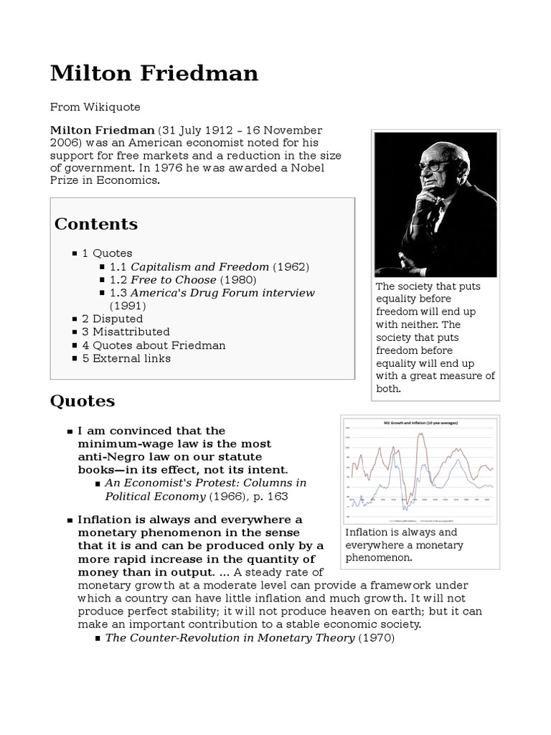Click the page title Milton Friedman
click(x=154, y=74)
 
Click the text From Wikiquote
click(x=95, y=107)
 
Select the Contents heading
click(x=96, y=224)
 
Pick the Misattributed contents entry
click(x=126, y=332)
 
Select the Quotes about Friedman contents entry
click(x=154, y=345)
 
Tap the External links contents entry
click(x=126, y=358)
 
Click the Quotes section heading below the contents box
click(x=82, y=401)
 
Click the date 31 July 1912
click(x=199, y=130)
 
